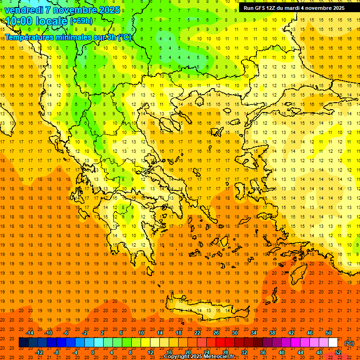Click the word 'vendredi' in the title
coord(24,10)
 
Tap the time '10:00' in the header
coord(19,21)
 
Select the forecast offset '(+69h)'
coord(81,22)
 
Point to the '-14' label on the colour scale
coord(30,333)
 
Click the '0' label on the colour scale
coord(93,352)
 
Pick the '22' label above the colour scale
coord(197,333)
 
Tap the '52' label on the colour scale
coord(338,352)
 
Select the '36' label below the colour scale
coord(262,352)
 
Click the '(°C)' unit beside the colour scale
coord(349,343)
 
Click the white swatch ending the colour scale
coord(333,343)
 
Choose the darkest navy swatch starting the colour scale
coord(23,343)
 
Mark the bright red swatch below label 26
coord(220,343)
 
